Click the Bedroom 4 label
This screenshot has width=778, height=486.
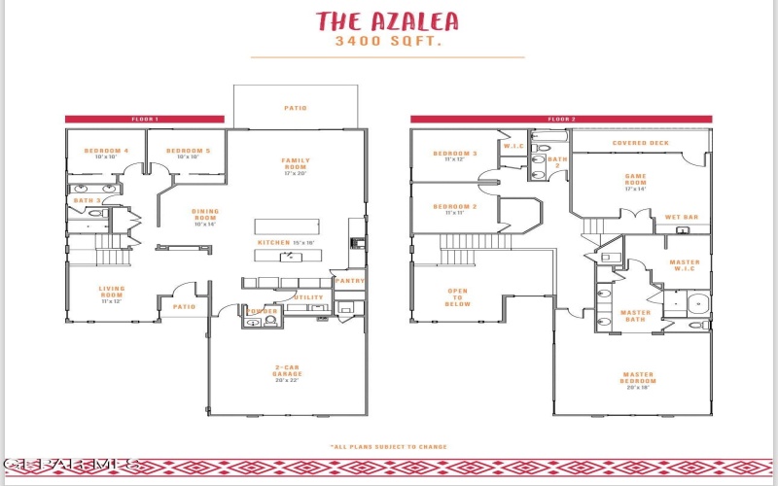click(x=106, y=152)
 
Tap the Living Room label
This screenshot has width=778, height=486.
click(x=112, y=292)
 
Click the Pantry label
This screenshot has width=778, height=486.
click(x=349, y=281)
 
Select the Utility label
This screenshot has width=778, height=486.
click(x=308, y=297)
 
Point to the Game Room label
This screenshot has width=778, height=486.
click(x=635, y=179)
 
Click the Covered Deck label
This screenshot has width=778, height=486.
click(x=640, y=143)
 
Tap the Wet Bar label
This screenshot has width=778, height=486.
click(x=682, y=217)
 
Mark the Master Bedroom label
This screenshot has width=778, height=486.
click(x=639, y=376)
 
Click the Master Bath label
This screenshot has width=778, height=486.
click(x=635, y=315)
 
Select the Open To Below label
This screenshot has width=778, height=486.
click(x=457, y=296)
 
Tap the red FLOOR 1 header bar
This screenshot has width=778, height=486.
click(x=144, y=119)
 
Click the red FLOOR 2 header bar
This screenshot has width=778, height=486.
click(x=561, y=119)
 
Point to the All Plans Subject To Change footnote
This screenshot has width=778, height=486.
click(x=389, y=447)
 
